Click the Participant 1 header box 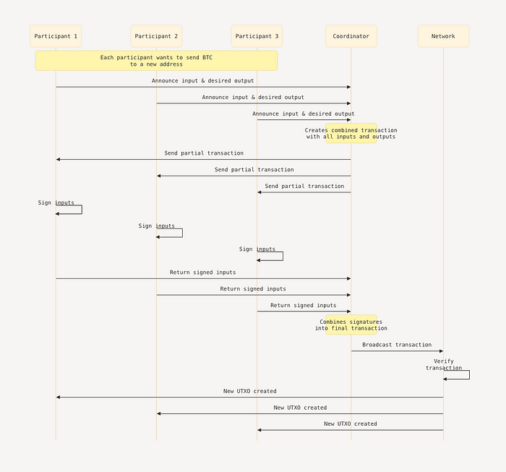(56, 36)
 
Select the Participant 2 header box (157, 36)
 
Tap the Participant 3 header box (257, 36)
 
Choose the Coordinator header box (351, 36)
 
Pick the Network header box (443, 36)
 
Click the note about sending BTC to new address (157, 61)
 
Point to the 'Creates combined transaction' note (351, 133)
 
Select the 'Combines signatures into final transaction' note (351, 325)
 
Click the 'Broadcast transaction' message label (397, 345)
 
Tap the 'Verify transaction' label (444, 364)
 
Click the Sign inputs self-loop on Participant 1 (82, 210)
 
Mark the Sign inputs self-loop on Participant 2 (182, 233)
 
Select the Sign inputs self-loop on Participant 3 (283, 256)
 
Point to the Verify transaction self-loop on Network (469, 375)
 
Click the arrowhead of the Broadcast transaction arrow (442, 351)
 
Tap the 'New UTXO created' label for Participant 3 (351, 424)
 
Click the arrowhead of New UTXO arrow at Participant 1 (58, 397)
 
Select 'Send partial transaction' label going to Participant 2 (254, 169)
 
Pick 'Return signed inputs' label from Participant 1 (202, 273)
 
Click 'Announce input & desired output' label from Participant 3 (304, 113)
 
